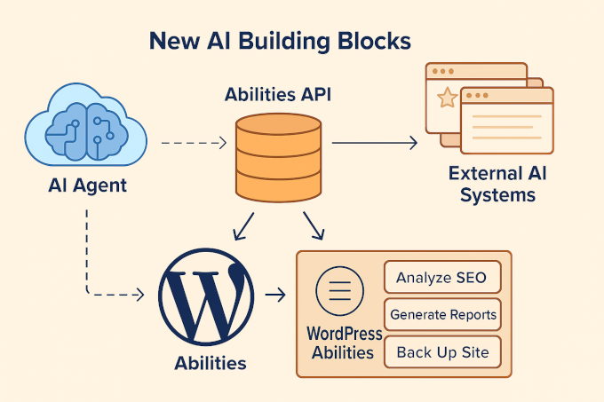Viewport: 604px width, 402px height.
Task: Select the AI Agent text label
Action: (87, 185)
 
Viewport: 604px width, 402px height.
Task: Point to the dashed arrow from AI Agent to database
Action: (194, 142)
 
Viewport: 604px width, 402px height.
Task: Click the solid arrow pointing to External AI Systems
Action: (373, 142)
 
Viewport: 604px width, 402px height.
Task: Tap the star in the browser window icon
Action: (448, 99)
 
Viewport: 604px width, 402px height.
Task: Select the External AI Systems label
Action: (497, 183)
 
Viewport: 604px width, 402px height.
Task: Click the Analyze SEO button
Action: (441, 277)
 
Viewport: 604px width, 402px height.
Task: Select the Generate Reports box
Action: (441, 314)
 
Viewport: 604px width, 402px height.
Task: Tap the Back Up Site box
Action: (441, 352)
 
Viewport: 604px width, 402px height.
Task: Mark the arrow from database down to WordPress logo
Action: (244, 226)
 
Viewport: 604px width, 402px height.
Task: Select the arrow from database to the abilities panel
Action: (312, 225)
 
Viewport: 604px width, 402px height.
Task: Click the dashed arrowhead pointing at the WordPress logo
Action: (139, 295)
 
